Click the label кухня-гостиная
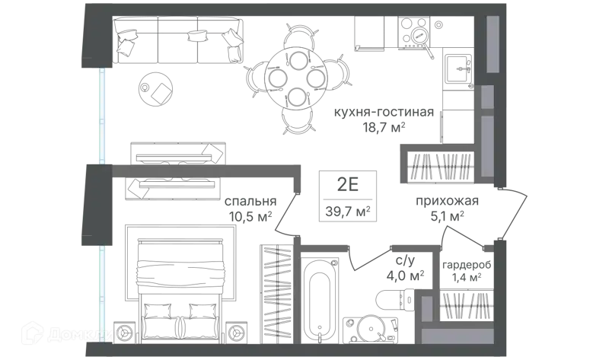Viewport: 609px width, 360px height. coord(384,112)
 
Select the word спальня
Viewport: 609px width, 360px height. coord(250,201)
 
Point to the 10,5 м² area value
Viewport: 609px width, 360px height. coord(250,216)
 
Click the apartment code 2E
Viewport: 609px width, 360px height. coord(348,185)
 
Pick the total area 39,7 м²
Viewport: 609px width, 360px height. coord(348,212)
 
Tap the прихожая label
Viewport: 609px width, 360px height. coord(447,201)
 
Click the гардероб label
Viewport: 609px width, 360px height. coord(467,265)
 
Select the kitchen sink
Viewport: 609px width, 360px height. coord(458,68)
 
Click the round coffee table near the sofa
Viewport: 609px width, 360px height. coord(156,88)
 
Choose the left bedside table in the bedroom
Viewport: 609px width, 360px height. coord(126,333)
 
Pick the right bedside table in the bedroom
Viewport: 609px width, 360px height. coord(236,333)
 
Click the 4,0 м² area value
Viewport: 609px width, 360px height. coord(405,276)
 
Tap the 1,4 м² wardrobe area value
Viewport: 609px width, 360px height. coord(467,278)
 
